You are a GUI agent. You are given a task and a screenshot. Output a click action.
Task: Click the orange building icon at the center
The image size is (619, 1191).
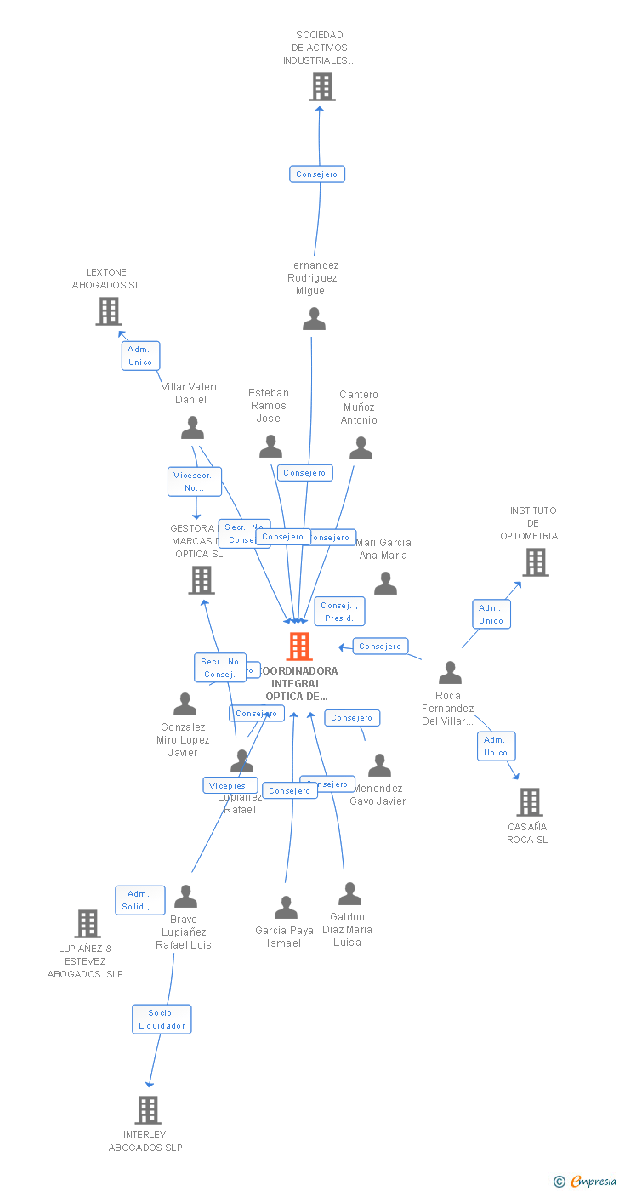click(298, 647)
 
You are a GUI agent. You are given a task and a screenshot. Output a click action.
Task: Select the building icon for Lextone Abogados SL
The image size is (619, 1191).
click(108, 311)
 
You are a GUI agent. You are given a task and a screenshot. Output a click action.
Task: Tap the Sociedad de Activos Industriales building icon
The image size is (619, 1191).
click(321, 87)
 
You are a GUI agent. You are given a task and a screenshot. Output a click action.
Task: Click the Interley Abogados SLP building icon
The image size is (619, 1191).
click(148, 1109)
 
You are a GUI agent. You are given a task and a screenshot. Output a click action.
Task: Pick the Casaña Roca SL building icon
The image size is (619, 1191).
click(529, 801)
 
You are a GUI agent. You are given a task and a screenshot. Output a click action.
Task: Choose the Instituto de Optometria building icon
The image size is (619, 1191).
click(535, 562)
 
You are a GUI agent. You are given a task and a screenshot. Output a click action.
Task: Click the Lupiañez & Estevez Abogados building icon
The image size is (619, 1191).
click(88, 923)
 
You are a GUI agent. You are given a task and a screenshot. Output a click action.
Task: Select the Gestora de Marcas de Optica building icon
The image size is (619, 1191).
click(202, 580)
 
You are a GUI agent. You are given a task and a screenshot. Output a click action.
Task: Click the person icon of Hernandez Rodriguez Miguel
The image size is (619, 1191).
click(314, 319)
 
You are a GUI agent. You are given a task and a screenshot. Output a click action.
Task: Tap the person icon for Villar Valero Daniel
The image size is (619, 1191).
click(193, 428)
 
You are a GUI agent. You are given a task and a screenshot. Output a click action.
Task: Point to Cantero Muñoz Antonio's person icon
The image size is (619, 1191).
click(361, 447)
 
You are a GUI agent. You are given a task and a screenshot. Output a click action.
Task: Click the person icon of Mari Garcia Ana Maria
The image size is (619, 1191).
click(385, 584)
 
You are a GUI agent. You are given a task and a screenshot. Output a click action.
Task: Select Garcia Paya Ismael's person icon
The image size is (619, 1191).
click(286, 908)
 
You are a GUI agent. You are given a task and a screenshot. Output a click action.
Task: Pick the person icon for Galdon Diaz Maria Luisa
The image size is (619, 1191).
click(349, 894)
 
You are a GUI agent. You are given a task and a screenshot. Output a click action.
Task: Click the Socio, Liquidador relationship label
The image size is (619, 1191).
click(162, 1019)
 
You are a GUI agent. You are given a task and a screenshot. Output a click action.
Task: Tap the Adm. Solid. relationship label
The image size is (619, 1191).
click(140, 900)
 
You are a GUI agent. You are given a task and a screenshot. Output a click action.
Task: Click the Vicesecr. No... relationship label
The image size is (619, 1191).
click(195, 482)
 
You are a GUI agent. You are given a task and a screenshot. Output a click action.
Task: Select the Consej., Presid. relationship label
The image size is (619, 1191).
click(339, 612)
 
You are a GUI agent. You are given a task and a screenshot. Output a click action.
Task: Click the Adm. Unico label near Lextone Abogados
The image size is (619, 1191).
click(140, 356)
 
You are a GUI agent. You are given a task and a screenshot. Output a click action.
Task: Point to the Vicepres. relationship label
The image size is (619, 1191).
click(230, 785)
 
